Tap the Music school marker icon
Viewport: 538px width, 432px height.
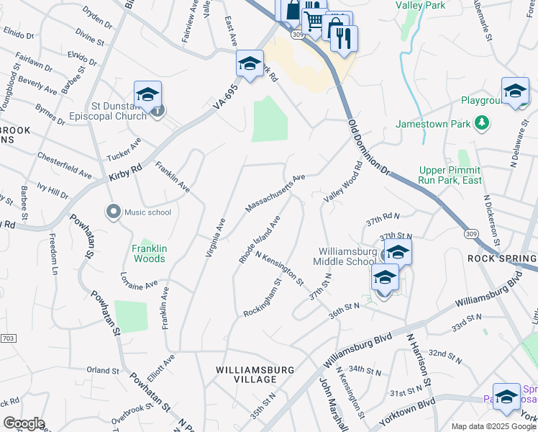113,212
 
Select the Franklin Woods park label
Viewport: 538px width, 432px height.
149,253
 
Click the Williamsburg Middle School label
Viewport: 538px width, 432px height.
347,256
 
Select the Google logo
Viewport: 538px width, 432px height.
24,423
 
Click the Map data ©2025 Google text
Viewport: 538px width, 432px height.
493,426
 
